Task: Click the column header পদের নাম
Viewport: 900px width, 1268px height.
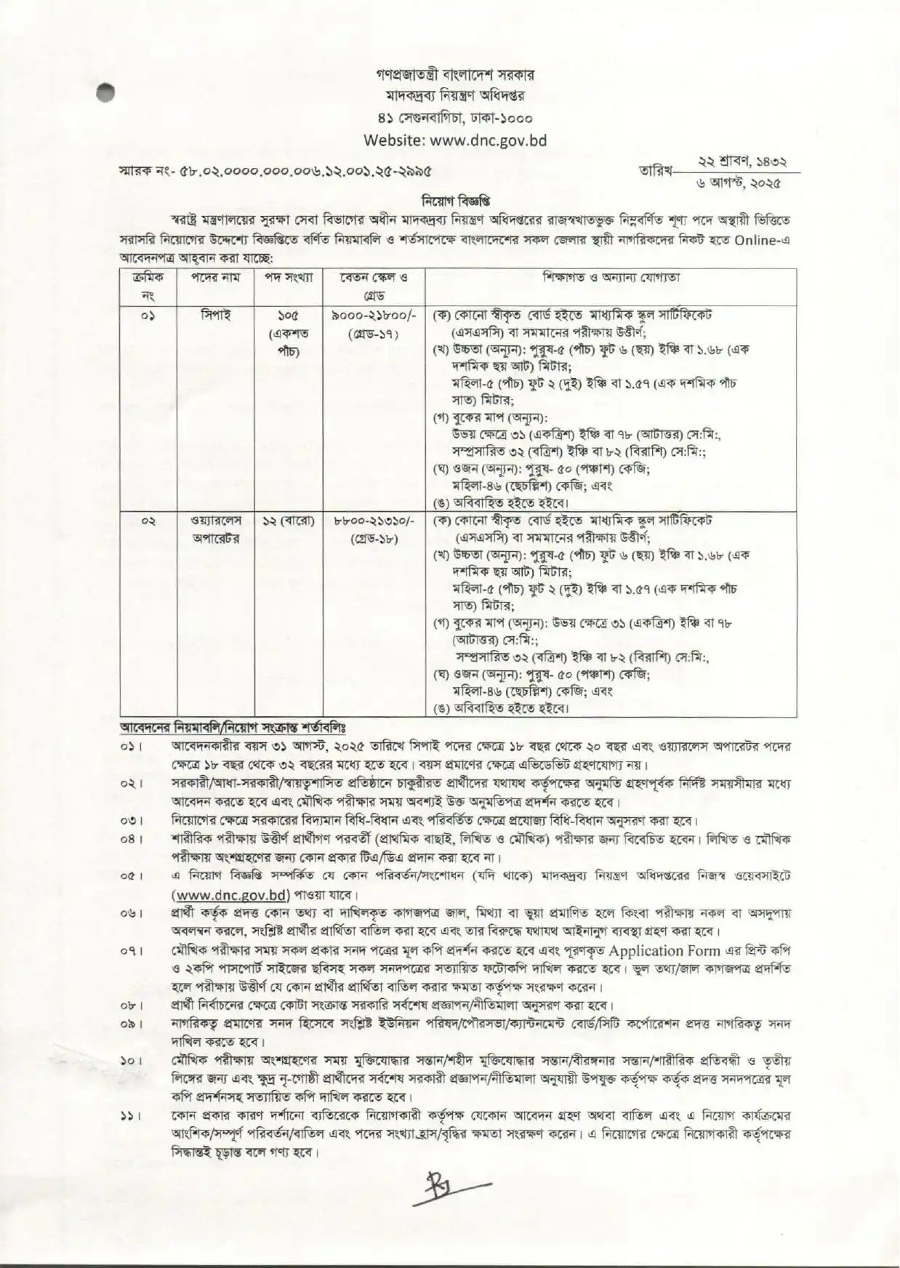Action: pyautogui.click(x=214, y=278)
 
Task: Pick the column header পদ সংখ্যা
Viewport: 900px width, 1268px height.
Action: pyautogui.click(x=288, y=278)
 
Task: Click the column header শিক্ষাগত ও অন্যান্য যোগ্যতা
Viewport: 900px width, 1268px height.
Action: pyautogui.click(x=611, y=278)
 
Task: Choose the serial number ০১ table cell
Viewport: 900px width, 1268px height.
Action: pyautogui.click(x=148, y=316)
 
